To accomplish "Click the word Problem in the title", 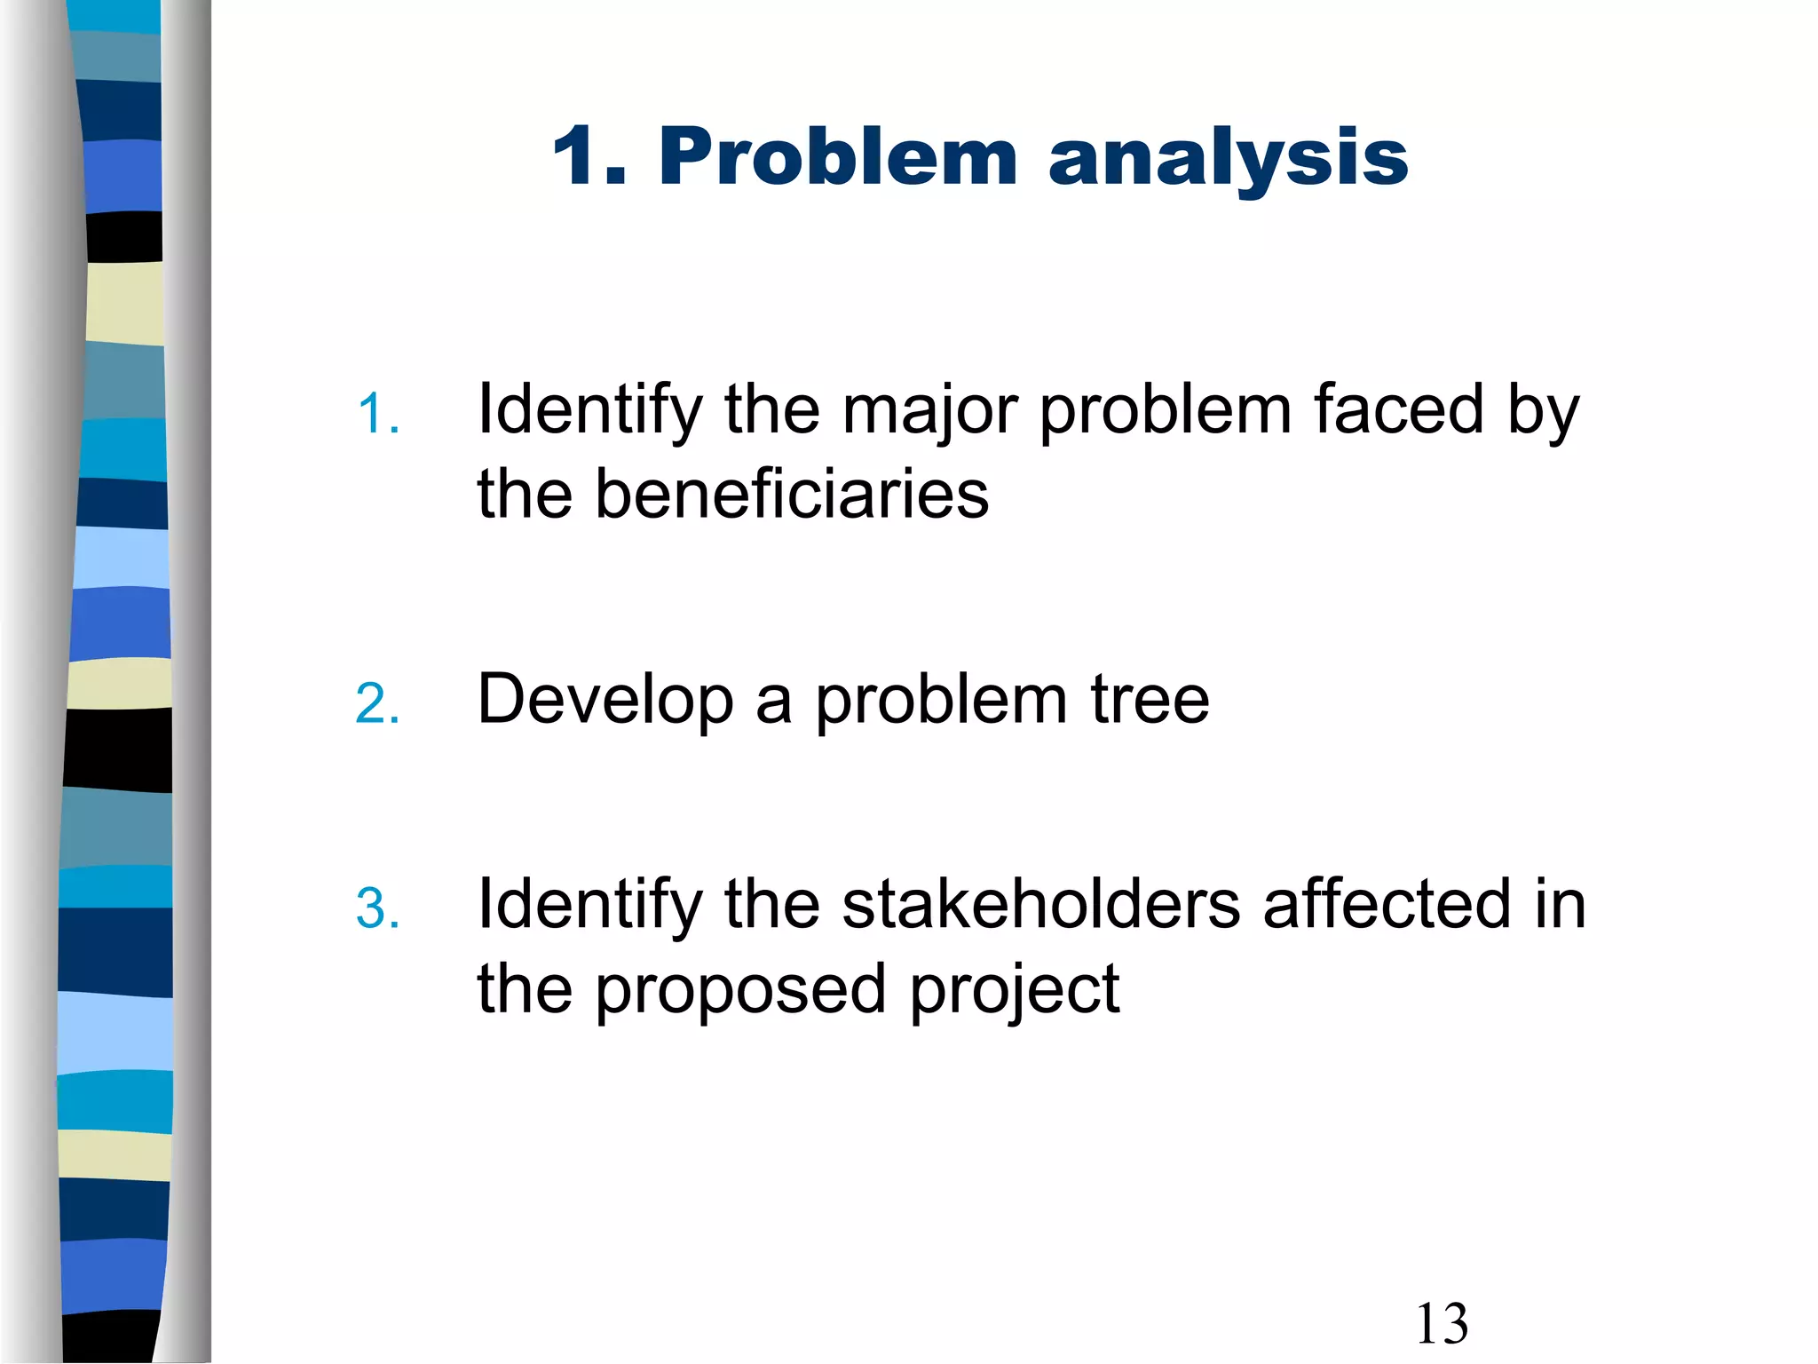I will click(x=837, y=157).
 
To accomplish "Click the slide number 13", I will click(x=1442, y=1324).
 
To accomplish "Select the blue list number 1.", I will click(x=377, y=415).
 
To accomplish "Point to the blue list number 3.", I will click(x=377, y=909).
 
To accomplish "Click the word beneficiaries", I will click(x=791, y=495).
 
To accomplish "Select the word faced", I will click(x=1399, y=409).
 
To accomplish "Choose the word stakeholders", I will click(x=1040, y=904).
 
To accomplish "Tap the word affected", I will click(x=1387, y=904).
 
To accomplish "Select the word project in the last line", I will click(x=1015, y=991).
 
